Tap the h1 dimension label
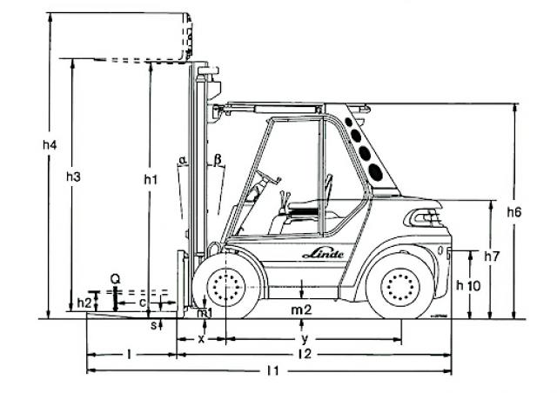151,180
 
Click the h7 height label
492,256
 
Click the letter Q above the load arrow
114,278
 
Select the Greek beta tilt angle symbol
218,160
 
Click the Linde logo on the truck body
323,253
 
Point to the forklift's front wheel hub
226,285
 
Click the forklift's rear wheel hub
400,285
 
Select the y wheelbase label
304,338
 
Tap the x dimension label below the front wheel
201,338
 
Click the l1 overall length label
272,371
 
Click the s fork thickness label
154,325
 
